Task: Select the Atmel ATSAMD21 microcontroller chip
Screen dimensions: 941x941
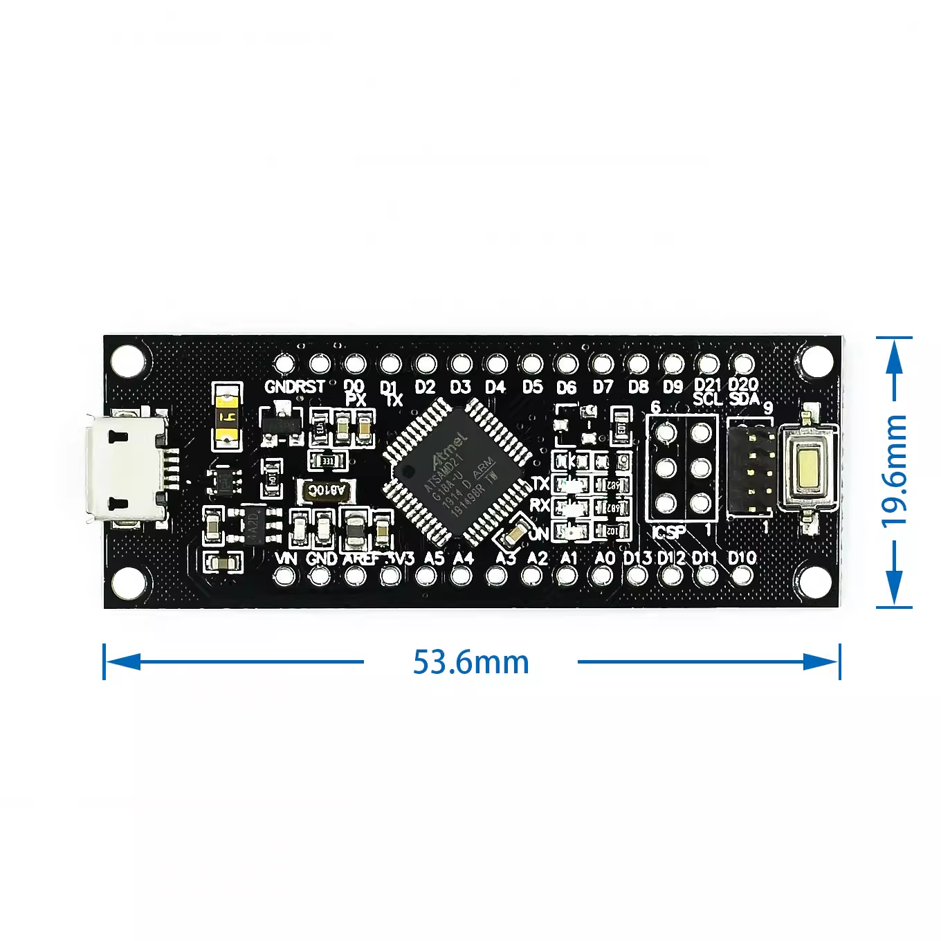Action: coord(457,470)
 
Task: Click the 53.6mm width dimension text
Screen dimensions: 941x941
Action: coord(471,662)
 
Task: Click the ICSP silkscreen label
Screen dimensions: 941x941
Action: coord(668,532)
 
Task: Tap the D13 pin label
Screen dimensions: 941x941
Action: coord(637,558)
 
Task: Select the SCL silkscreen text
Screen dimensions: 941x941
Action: coord(707,399)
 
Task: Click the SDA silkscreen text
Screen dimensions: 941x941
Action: coord(744,399)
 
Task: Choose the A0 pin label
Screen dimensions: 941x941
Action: coord(605,558)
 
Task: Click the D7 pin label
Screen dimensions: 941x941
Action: coord(603,387)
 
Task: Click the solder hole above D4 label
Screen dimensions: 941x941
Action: coord(496,363)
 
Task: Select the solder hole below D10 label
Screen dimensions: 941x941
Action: coord(742,576)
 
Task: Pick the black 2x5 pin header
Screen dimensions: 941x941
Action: coord(750,469)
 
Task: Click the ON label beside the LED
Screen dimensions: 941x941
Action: coord(538,533)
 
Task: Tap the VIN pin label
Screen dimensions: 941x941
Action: coord(286,558)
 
